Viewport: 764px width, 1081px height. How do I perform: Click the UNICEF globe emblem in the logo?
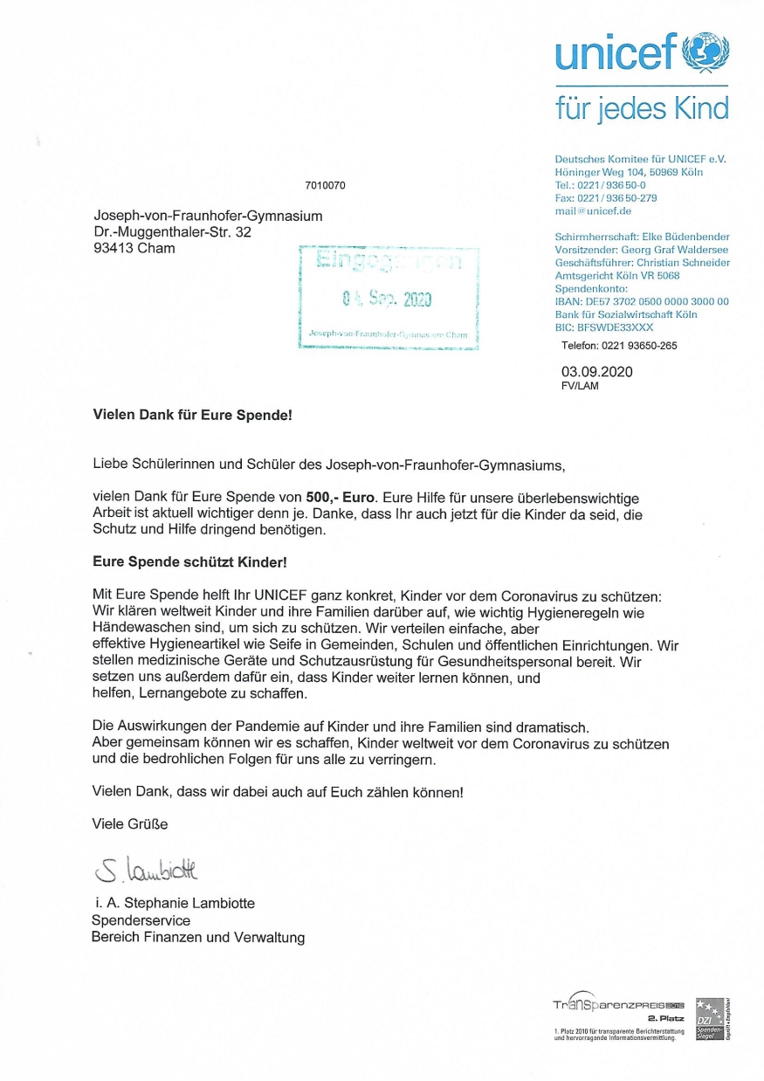tap(706, 53)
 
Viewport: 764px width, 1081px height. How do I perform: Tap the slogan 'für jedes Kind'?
tap(642, 108)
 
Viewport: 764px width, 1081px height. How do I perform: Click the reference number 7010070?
tap(326, 186)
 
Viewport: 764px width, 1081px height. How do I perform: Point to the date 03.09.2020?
tap(596, 371)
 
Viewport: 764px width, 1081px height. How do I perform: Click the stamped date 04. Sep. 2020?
tap(387, 300)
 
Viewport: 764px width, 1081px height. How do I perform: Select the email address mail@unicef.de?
tap(594, 211)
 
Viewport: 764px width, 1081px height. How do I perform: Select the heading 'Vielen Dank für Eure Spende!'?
tap(192, 416)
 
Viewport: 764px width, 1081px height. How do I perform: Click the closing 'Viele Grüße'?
tap(130, 823)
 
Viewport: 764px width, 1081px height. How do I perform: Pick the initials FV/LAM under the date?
tap(581, 386)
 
